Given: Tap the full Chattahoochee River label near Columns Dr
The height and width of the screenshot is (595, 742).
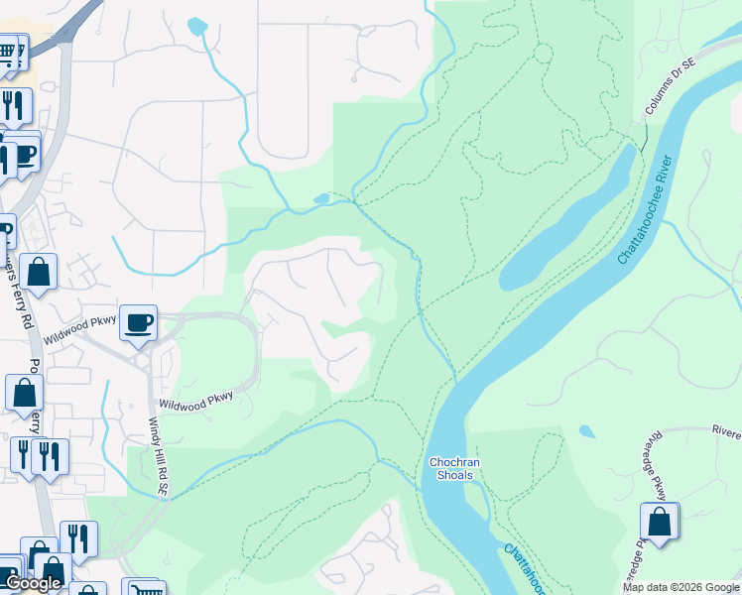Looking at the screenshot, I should [646, 209].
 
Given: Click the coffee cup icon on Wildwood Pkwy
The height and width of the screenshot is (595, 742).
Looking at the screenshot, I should [139, 321].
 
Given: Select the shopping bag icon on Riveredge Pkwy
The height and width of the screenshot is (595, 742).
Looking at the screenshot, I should [660, 521].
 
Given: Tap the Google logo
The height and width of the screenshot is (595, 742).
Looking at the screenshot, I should [33, 583].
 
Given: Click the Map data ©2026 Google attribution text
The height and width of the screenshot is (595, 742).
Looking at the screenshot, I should [680, 587].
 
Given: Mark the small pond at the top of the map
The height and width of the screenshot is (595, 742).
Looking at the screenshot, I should [197, 25].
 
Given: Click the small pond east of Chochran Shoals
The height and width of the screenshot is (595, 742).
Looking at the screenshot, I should [587, 431].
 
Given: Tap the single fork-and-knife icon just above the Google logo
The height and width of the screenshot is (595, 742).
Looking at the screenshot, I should [78, 538].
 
